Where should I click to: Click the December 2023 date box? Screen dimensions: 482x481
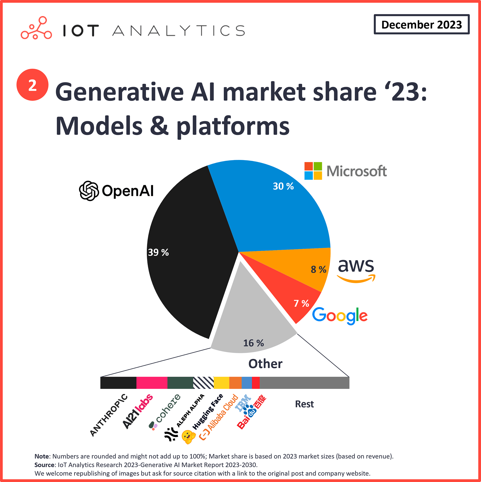421,24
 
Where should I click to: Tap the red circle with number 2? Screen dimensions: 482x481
32,85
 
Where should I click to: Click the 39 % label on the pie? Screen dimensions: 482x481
158,252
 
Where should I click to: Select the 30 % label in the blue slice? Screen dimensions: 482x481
283,186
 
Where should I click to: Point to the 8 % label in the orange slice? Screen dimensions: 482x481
318,269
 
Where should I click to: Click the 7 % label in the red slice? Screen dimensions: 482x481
301,303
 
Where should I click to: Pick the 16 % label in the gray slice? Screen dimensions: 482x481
253,343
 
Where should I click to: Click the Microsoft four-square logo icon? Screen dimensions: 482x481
313,171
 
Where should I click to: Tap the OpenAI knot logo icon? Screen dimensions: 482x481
89,191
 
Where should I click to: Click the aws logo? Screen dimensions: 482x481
356,270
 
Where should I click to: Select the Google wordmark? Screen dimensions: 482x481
340,315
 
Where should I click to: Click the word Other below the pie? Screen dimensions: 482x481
265,364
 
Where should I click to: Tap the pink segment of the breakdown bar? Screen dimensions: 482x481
152,383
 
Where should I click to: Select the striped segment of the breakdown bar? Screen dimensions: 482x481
203,383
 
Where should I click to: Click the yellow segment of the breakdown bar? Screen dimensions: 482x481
221,383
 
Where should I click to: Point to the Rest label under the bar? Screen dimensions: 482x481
304,404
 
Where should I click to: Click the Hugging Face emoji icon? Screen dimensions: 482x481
188,437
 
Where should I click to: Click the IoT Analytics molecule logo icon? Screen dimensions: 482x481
36,28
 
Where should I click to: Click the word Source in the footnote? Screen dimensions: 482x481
44,465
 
